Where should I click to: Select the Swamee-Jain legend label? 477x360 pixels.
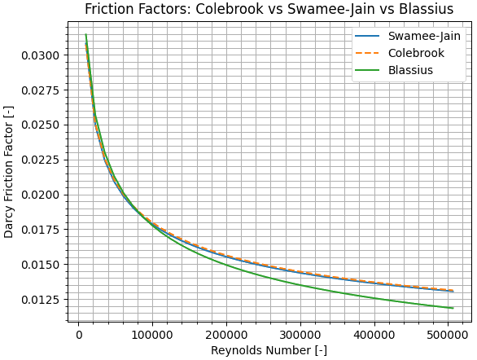[x=424, y=37]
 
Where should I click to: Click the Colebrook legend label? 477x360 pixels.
[x=417, y=53]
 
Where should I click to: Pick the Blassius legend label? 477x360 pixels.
[x=410, y=70]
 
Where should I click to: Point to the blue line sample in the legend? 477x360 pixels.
[x=368, y=37]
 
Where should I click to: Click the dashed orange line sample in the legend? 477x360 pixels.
[x=368, y=53]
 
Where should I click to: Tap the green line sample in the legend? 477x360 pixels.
[x=368, y=70]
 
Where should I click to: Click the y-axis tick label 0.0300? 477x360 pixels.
[x=42, y=55]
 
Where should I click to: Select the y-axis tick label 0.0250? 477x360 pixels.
[x=42, y=125]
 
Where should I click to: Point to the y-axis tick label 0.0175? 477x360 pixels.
[x=42, y=230]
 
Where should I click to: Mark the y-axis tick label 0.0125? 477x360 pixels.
[x=42, y=300]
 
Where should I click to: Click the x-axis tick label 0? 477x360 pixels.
[x=79, y=334]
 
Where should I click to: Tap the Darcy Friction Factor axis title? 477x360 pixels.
[x=9, y=170]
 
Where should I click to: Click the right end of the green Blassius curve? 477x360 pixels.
[x=453, y=308]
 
